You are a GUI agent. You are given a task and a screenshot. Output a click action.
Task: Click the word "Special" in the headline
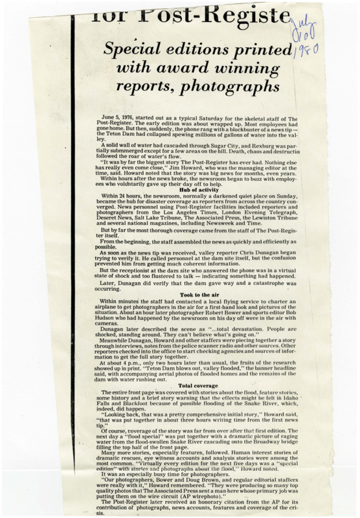click(141, 47)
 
